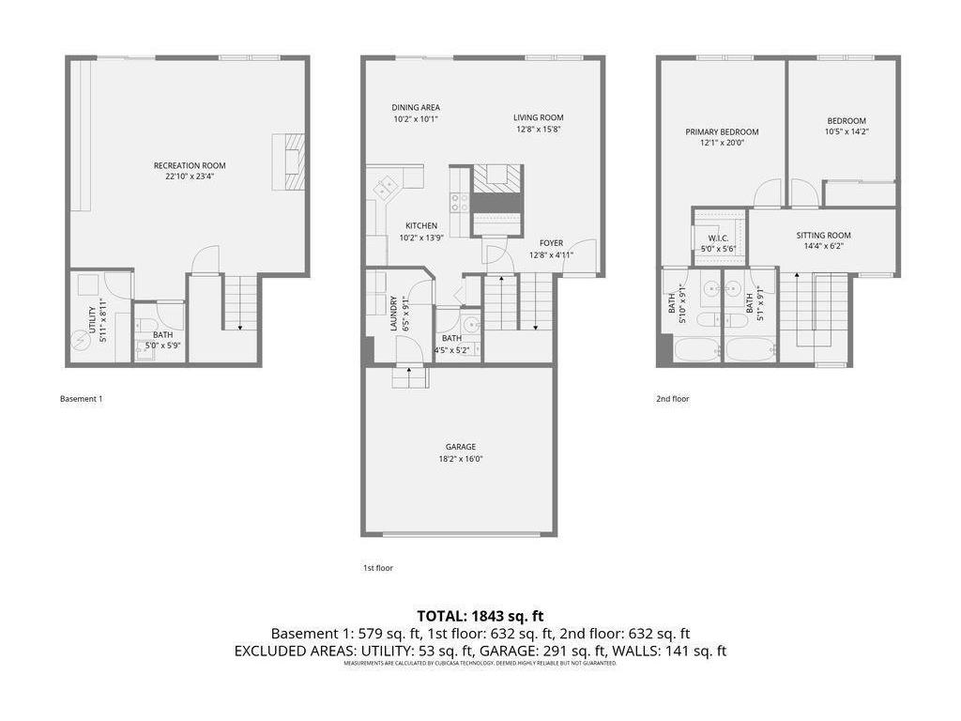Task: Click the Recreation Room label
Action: [190, 166]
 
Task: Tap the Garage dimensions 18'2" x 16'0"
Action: [460, 459]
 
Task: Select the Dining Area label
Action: [416, 107]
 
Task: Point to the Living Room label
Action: [538, 117]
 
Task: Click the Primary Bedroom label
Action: [722, 132]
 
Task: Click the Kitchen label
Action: [421, 226]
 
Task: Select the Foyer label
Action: [551, 243]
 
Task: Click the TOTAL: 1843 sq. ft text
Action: [480, 616]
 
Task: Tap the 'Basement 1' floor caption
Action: [82, 399]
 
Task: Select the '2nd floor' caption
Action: [672, 399]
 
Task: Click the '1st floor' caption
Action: [377, 568]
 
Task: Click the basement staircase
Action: [240, 302]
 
